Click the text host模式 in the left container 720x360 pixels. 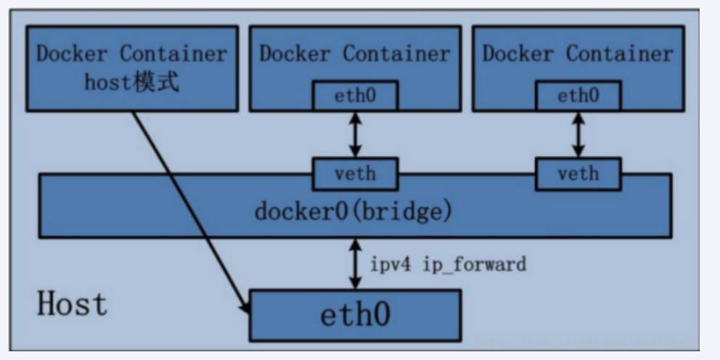tap(131, 83)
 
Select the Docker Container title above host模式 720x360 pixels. tap(131, 54)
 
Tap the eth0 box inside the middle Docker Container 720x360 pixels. tap(355, 94)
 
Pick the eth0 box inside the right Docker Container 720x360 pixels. tap(578, 94)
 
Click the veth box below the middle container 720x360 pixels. tap(355, 173)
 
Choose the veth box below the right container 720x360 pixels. tap(578, 173)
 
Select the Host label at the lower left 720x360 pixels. tap(72, 303)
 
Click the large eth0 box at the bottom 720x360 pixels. tap(355, 315)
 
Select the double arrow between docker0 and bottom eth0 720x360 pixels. tap(355, 263)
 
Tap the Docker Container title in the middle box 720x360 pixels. tap(355, 54)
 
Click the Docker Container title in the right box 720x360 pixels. tap(578, 54)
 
